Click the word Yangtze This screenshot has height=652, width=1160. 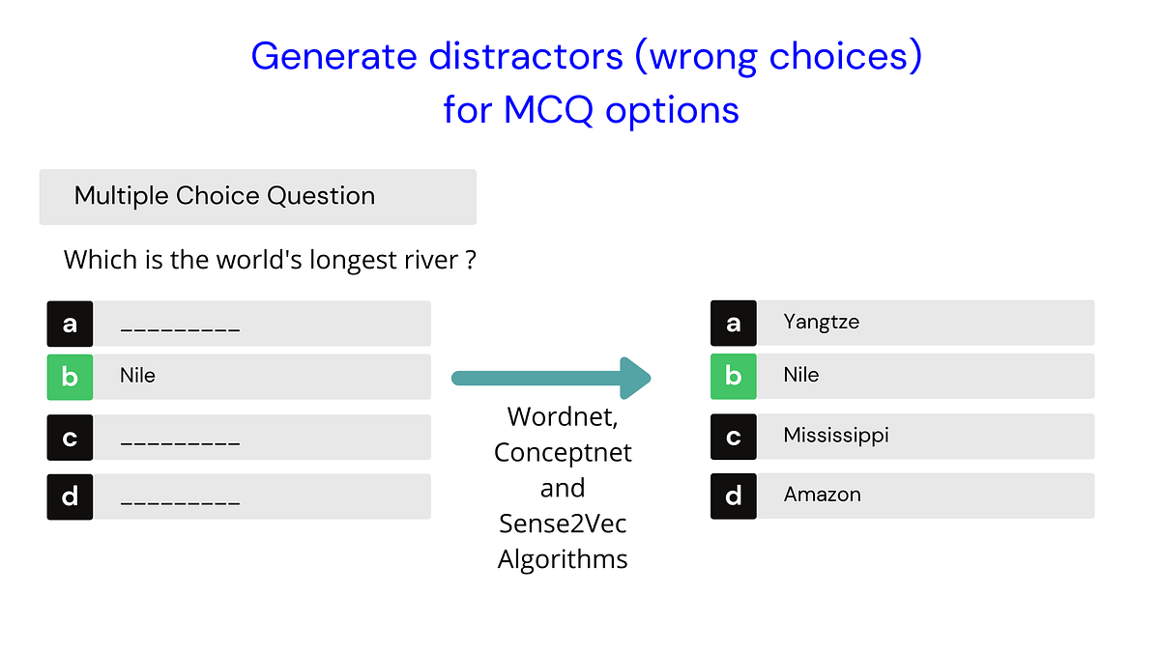coord(821,323)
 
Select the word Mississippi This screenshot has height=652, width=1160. coord(835,436)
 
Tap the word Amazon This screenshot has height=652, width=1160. coord(822,495)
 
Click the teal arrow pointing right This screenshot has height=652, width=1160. coord(552,378)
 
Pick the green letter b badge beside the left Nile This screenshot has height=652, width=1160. coord(70,377)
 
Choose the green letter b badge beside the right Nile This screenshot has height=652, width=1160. coord(734,376)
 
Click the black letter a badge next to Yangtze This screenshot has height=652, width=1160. coord(734,323)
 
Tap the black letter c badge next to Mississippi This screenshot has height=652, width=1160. coord(734,437)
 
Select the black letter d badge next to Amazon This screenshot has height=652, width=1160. coord(734,496)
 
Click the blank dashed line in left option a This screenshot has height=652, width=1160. coord(180,329)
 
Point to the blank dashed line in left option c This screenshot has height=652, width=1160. coord(180,443)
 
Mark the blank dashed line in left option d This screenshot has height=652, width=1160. coord(180,502)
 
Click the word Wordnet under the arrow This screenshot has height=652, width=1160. coord(563,417)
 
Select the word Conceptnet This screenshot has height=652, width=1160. coord(563,452)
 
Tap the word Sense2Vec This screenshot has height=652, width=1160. coord(563,523)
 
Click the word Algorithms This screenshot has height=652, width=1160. coord(563,558)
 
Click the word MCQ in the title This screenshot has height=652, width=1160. coord(549,110)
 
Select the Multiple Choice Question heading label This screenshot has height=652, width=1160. coord(224,196)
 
